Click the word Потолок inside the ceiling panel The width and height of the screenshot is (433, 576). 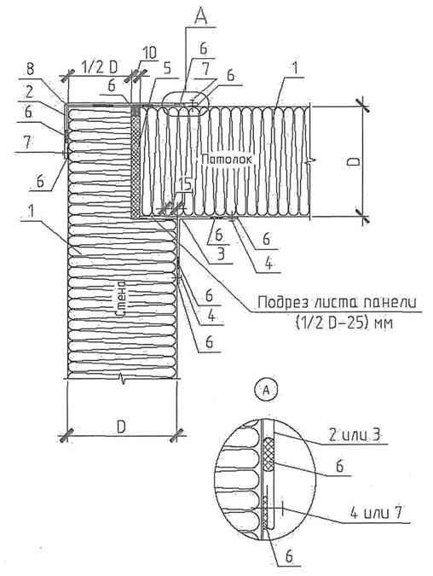point(227,160)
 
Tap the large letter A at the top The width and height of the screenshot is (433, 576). point(200,15)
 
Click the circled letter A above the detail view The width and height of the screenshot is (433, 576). point(266,391)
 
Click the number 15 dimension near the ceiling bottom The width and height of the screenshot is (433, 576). point(185,185)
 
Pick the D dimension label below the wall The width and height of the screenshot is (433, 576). point(121,427)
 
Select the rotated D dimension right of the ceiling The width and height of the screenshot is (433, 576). point(354,161)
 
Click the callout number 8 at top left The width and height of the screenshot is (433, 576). point(31,69)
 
